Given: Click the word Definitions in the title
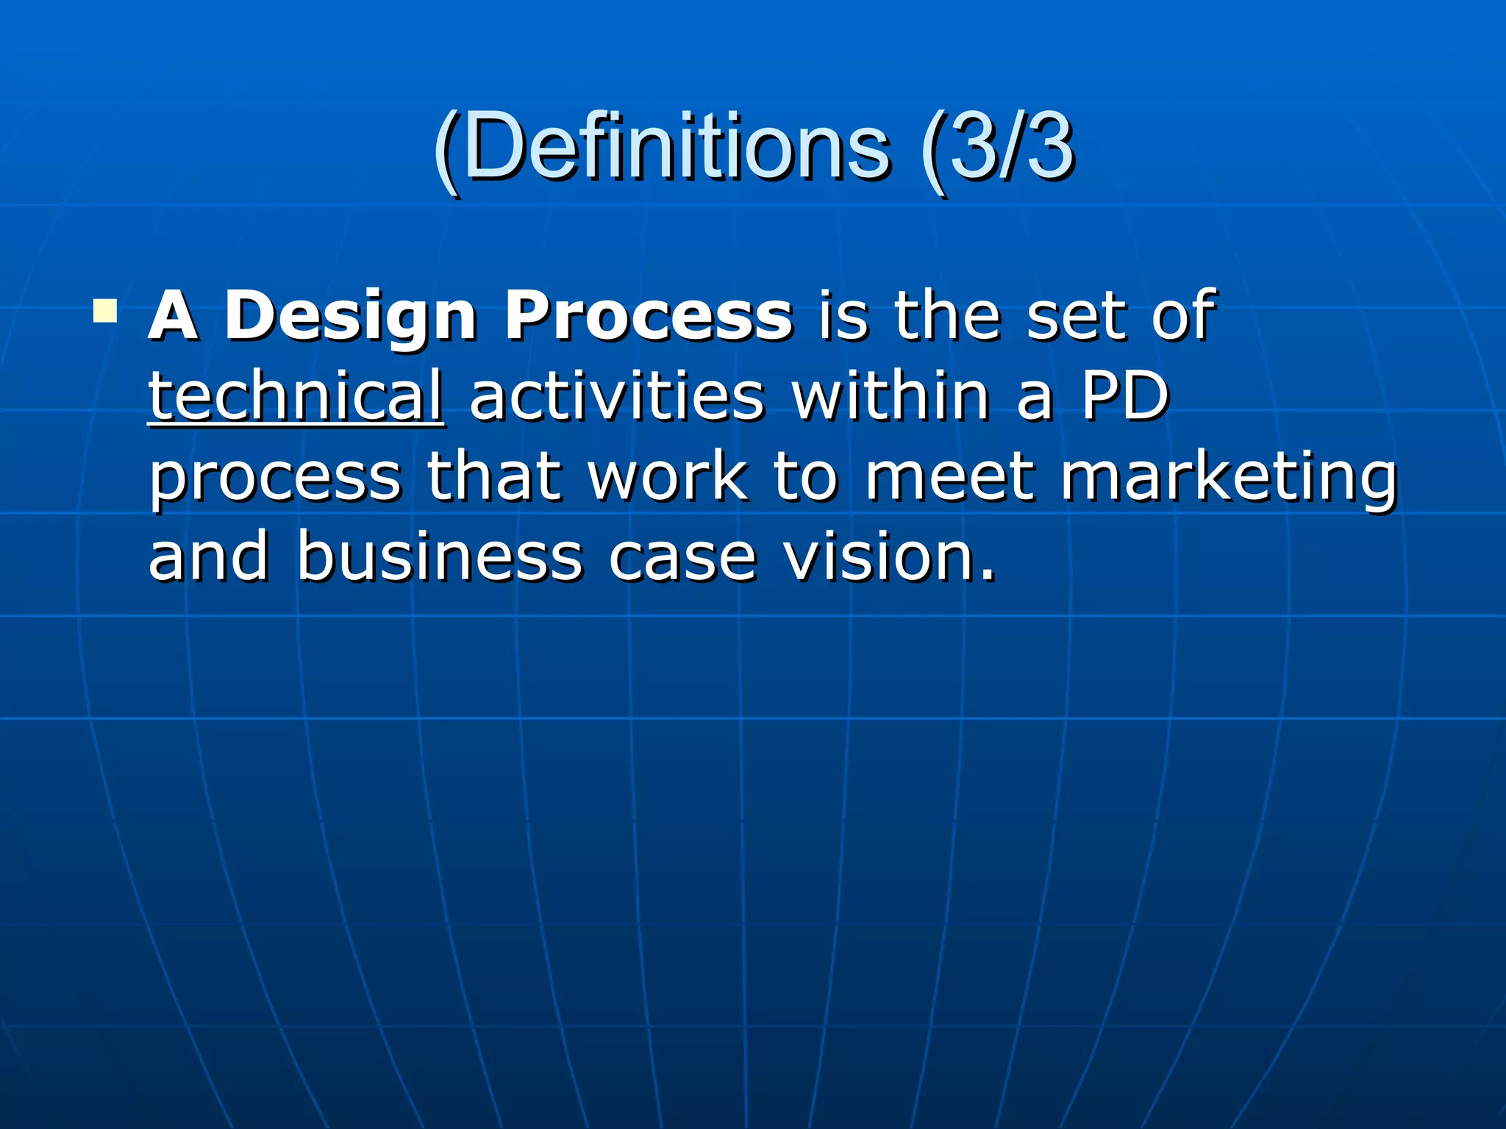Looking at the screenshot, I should tap(677, 147).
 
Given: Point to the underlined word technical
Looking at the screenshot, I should tap(296, 397).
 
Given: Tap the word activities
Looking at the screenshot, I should tap(617, 397).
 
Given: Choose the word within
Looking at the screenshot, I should tap(891, 397).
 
